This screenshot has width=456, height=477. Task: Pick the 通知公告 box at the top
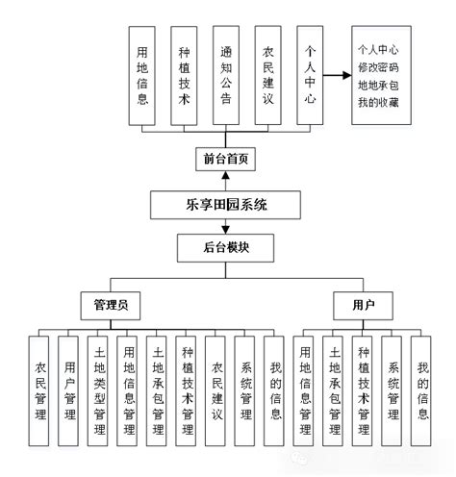(225, 76)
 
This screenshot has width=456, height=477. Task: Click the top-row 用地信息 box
(142, 76)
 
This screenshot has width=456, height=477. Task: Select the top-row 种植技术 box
(184, 76)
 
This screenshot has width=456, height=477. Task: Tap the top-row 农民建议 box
(266, 76)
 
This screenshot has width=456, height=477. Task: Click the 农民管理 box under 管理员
(41, 391)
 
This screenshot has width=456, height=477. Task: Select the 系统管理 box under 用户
(393, 391)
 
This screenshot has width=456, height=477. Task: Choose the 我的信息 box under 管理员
(276, 391)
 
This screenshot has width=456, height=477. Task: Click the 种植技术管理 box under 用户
(364, 391)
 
